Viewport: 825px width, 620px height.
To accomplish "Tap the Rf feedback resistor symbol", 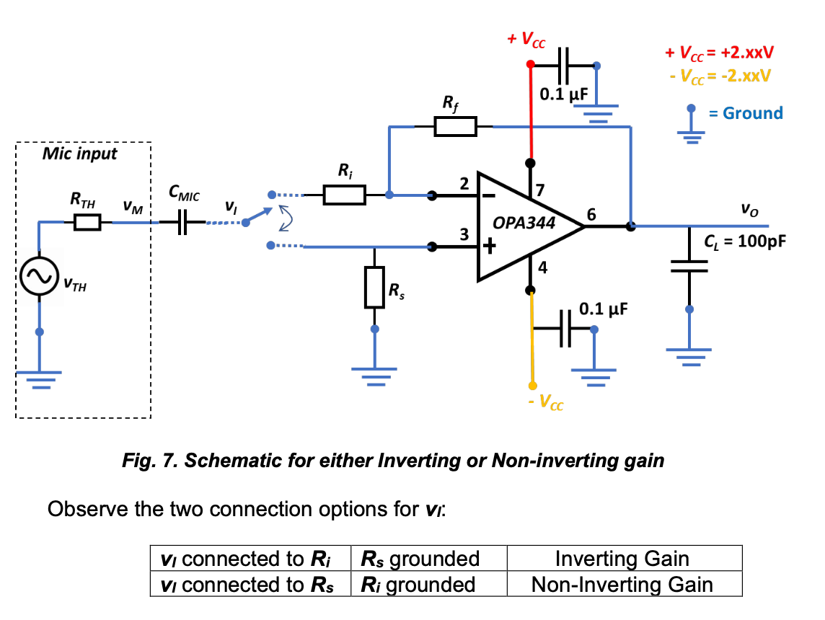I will [x=455, y=127].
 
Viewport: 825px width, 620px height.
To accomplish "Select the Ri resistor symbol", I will [x=344, y=194].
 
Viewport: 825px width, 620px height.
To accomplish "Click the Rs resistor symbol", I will [x=374, y=287].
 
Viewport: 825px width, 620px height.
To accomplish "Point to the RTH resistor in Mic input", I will [x=88, y=223].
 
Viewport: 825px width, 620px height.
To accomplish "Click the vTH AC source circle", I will [x=39, y=277].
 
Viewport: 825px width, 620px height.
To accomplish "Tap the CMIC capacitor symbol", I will [x=182, y=223].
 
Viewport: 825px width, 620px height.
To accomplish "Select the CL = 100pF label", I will [x=745, y=240].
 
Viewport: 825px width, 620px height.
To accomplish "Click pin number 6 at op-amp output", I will [x=592, y=214].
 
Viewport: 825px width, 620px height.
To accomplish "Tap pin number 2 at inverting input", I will [x=464, y=184].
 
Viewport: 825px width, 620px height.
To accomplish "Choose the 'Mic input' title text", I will [x=79, y=154].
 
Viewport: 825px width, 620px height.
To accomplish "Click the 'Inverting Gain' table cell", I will [x=624, y=559].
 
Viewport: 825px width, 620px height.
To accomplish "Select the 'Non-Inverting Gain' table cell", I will [x=624, y=584].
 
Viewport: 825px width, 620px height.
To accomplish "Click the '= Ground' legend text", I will [x=747, y=113].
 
